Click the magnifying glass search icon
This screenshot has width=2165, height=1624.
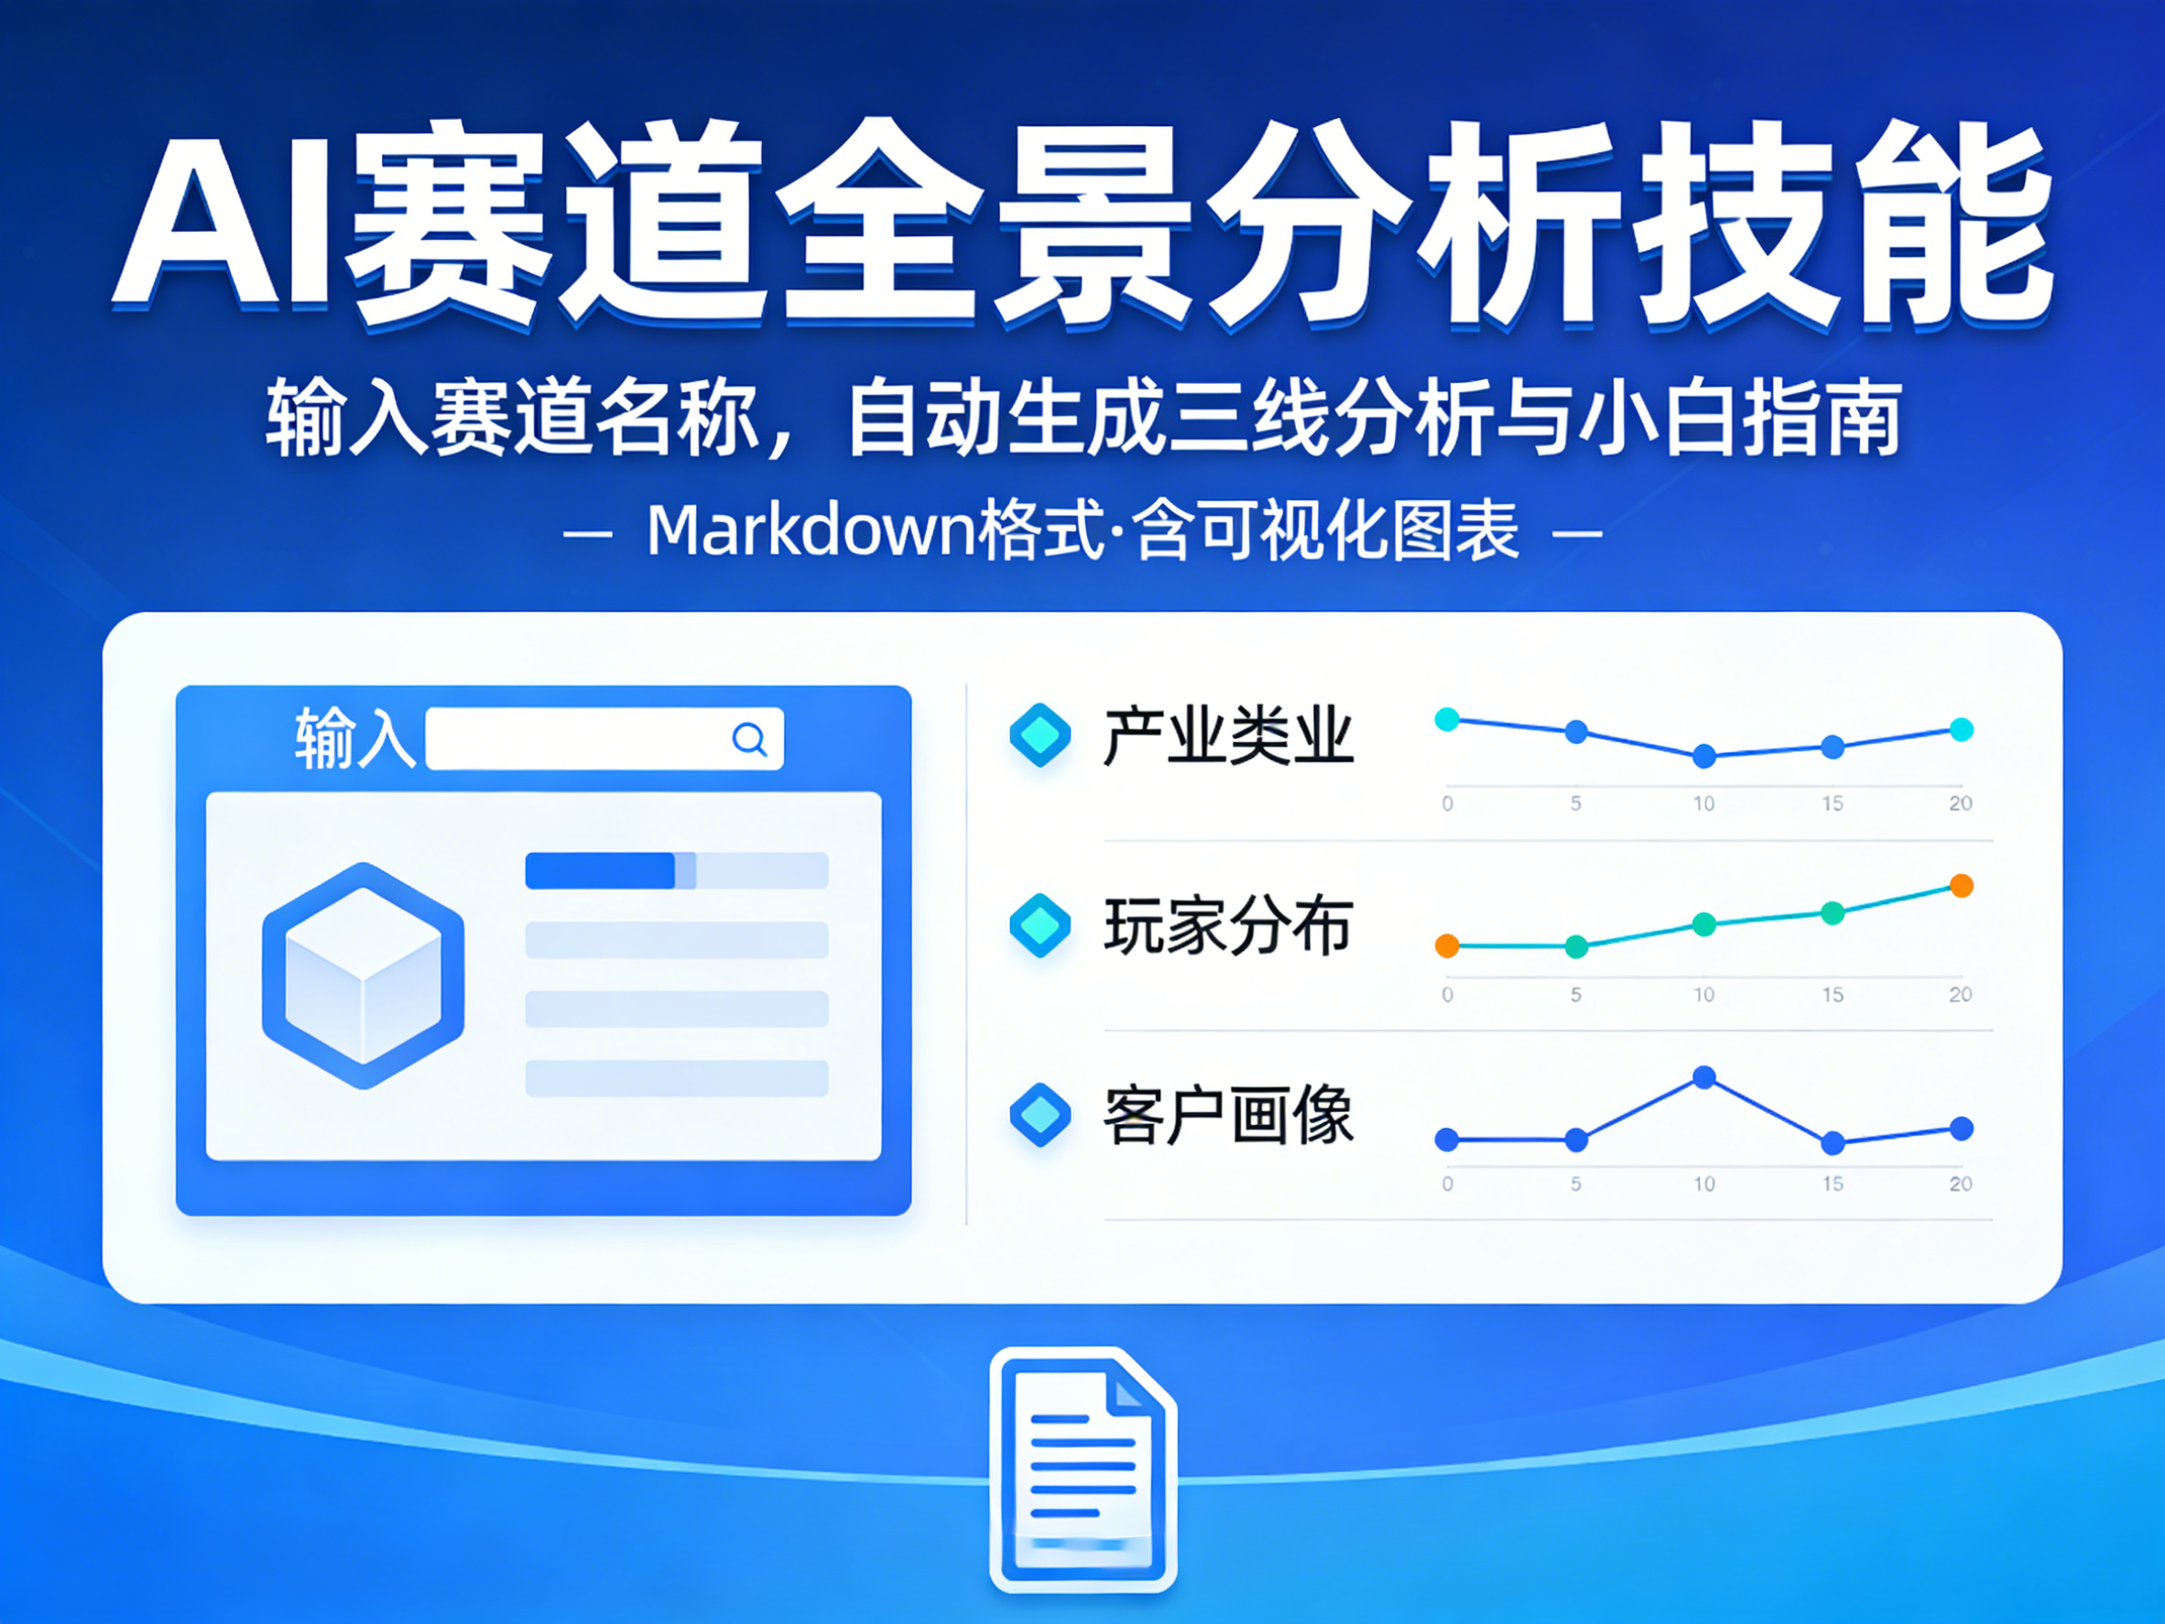[x=750, y=739]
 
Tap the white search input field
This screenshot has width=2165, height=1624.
[x=604, y=739]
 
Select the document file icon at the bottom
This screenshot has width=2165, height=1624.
[x=1082, y=1469]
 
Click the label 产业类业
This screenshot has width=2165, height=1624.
[x=1227, y=736]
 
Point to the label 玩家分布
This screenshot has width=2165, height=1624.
[x=1227, y=926]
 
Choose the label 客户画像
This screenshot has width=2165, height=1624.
[x=1227, y=1116]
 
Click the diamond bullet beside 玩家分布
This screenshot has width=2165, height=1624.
[x=1039, y=925]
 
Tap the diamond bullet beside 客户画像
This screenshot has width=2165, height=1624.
[x=1039, y=1115]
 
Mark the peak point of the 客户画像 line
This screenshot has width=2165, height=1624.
[x=1704, y=1077]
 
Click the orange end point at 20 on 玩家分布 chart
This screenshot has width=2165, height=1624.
[x=1962, y=886]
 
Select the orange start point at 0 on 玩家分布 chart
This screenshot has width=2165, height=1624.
[x=1447, y=945]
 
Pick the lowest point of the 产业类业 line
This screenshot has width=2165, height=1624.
[x=1704, y=756]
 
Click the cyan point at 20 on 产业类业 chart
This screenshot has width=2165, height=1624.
[x=1962, y=729]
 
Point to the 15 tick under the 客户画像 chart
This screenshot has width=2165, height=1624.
[x=1833, y=1183]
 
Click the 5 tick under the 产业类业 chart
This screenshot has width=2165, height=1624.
[x=1576, y=803]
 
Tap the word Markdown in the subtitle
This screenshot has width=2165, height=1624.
[x=812, y=530]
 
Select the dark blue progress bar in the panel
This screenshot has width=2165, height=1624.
[x=600, y=870]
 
